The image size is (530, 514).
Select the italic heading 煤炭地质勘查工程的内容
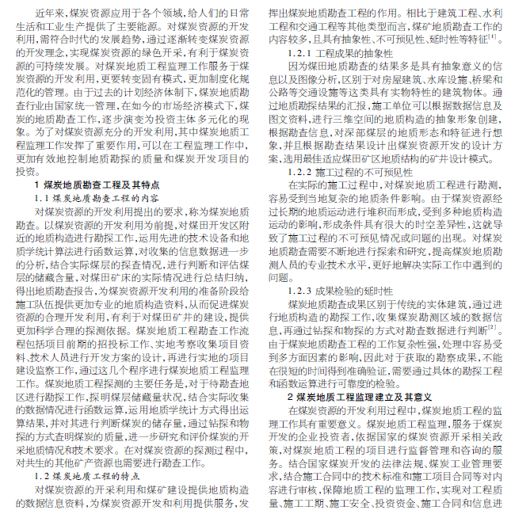[x=106, y=196]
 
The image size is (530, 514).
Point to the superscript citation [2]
[x=493, y=326]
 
